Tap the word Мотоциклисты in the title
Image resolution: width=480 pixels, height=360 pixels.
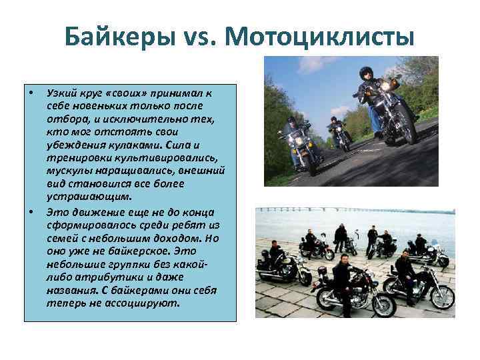point(321,37)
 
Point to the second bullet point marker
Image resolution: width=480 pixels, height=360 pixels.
point(31,213)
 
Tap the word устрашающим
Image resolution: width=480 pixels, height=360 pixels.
point(89,197)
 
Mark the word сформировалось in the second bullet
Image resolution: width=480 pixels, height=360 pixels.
point(84,226)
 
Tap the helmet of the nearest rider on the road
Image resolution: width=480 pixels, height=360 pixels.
point(366,73)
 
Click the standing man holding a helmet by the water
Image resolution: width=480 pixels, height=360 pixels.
point(341,237)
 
